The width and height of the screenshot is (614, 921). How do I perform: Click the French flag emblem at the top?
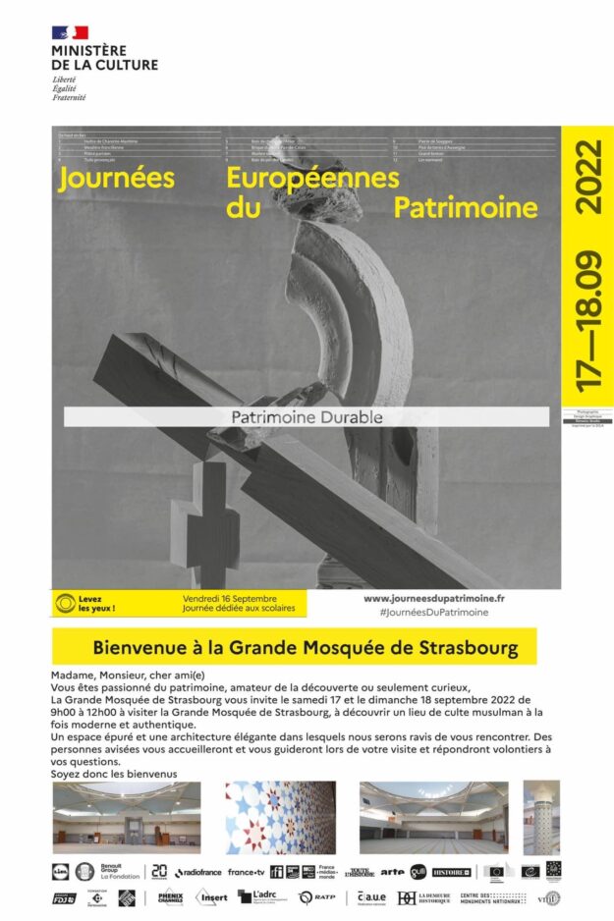(x=70, y=33)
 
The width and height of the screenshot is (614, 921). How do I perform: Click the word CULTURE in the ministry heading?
(x=124, y=65)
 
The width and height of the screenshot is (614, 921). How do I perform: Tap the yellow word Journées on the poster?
(x=116, y=179)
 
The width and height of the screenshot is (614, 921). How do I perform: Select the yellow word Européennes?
(x=312, y=178)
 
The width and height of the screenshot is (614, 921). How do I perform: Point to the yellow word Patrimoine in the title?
(x=466, y=208)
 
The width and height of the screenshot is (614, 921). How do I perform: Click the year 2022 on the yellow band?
(x=588, y=178)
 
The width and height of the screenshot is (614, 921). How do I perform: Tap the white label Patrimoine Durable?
(x=307, y=416)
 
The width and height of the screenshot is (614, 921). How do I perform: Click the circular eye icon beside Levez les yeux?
(x=66, y=603)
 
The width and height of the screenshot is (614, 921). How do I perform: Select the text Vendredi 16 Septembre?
(x=230, y=598)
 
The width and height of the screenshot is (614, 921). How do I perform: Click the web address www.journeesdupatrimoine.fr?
(x=434, y=598)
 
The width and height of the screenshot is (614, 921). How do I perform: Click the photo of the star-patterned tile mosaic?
(x=280, y=817)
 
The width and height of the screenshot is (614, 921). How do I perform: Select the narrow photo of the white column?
(x=541, y=817)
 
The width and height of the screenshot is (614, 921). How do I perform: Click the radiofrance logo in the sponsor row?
(x=198, y=872)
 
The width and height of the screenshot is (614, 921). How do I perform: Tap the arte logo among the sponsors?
(x=393, y=871)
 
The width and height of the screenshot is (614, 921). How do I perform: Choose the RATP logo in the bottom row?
(x=320, y=896)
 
